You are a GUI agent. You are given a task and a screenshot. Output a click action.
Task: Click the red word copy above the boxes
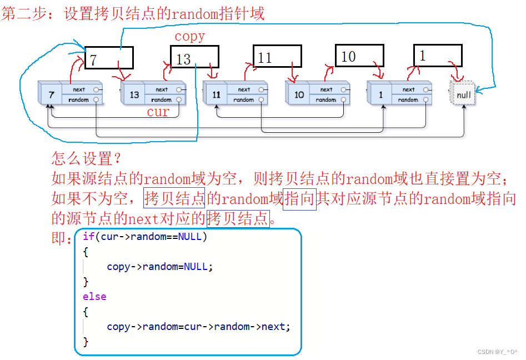click(190, 37)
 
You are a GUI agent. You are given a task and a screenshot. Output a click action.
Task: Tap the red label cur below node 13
click(158, 112)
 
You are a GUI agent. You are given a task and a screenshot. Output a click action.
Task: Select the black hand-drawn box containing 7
click(109, 58)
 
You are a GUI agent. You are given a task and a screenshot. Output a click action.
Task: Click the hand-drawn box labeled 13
click(194, 57)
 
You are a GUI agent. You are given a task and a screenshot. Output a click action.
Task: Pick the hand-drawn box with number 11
click(277, 56)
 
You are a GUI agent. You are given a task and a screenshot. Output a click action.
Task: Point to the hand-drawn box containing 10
click(359, 56)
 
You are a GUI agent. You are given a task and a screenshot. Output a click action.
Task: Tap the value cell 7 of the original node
click(51, 94)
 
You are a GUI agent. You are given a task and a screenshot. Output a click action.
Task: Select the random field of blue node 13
click(162, 100)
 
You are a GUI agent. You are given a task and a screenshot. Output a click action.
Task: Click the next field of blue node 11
click(244, 89)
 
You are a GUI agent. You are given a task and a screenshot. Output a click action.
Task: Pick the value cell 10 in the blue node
click(299, 94)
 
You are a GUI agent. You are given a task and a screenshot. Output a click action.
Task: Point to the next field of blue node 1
click(409, 89)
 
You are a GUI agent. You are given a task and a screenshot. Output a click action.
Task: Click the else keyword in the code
click(94, 297)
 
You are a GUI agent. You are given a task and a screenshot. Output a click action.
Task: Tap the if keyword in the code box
click(88, 237)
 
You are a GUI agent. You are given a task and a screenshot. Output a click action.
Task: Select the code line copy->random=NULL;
click(160, 267)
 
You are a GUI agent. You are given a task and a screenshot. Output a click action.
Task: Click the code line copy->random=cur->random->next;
click(198, 327)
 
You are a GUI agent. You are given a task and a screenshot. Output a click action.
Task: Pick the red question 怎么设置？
click(86, 159)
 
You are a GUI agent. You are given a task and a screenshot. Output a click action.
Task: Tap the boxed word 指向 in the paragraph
click(299, 199)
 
